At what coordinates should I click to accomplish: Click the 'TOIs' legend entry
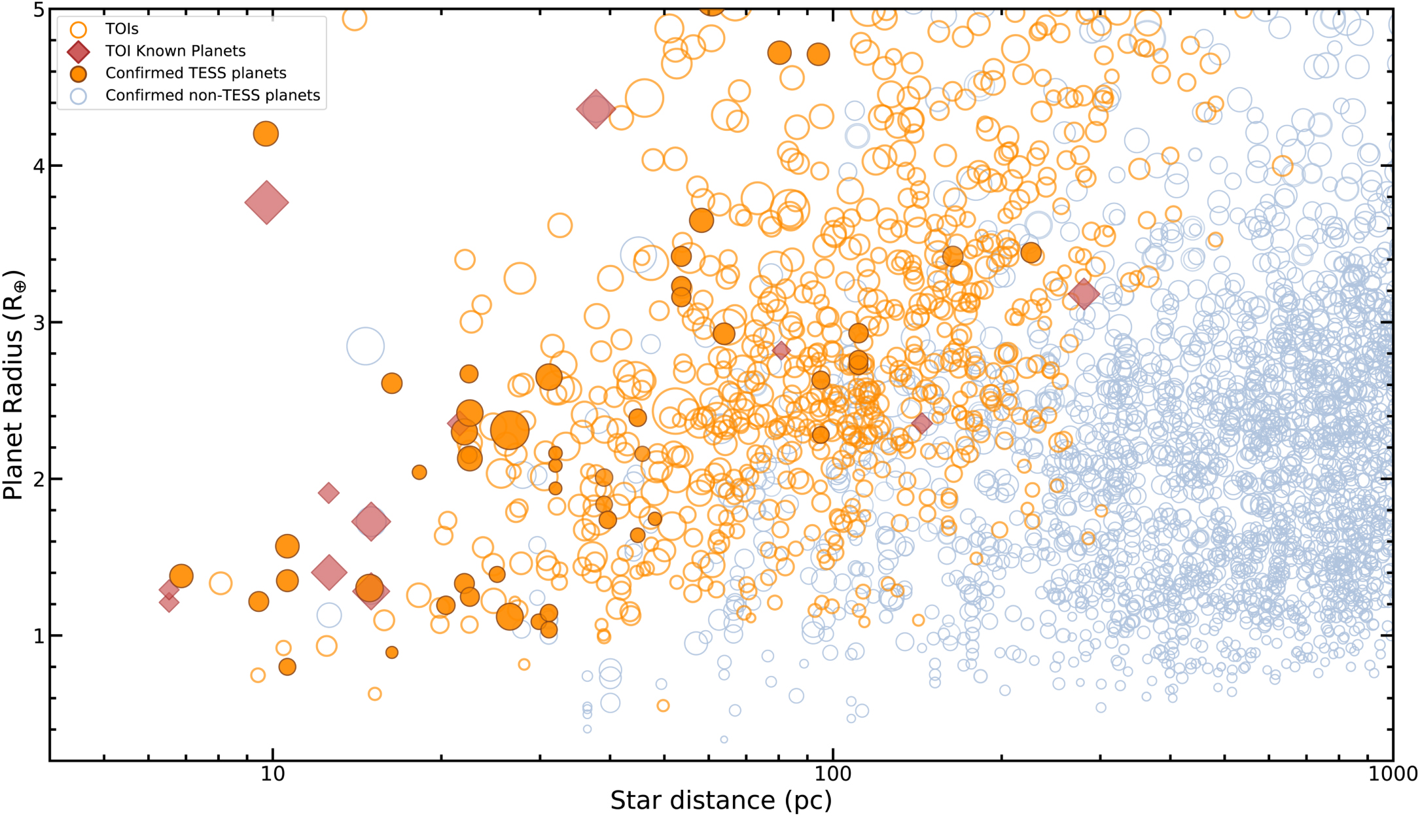(x=122, y=29)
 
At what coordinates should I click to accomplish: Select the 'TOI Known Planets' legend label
(x=175, y=51)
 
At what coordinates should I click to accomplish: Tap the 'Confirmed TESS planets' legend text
(x=196, y=73)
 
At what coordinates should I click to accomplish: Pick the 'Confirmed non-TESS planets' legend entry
(x=213, y=96)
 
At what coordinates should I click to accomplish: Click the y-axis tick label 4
(x=39, y=166)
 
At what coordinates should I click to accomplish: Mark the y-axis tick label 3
(x=39, y=323)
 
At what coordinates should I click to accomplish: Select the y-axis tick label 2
(x=39, y=479)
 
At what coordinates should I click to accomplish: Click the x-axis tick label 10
(x=273, y=774)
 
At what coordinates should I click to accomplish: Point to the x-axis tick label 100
(x=832, y=774)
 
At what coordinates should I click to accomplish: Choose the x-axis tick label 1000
(x=1393, y=774)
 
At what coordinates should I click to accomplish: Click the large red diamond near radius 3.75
(x=266, y=203)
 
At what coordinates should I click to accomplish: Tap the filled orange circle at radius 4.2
(x=266, y=134)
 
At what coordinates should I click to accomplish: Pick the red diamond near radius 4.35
(x=595, y=109)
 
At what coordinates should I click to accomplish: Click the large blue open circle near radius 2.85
(x=365, y=346)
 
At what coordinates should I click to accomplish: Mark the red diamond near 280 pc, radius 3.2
(x=1084, y=294)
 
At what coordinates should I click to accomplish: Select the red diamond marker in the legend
(x=79, y=52)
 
